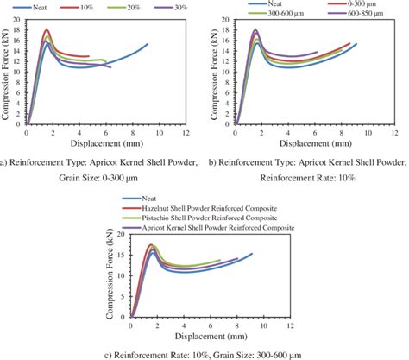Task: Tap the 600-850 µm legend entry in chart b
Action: (x=365, y=16)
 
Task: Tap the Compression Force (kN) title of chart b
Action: (x=217, y=73)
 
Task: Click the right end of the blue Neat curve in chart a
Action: (x=148, y=44)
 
